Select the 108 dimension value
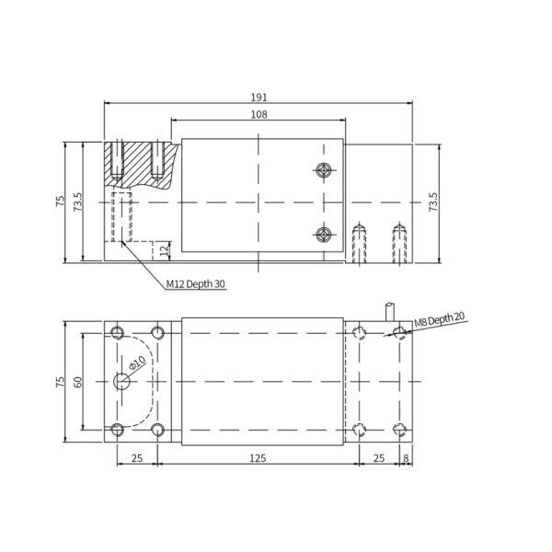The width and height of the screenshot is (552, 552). (x=259, y=114)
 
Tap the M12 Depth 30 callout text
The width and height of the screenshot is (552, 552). (x=196, y=284)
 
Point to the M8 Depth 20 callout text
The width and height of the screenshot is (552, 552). (x=438, y=319)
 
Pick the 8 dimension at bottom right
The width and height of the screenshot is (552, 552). (x=406, y=456)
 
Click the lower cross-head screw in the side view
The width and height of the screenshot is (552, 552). (x=322, y=235)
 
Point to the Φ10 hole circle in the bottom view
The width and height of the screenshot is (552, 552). (x=121, y=381)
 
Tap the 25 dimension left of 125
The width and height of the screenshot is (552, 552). (x=136, y=456)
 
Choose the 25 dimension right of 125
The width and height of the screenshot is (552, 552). (x=379, y=456)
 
